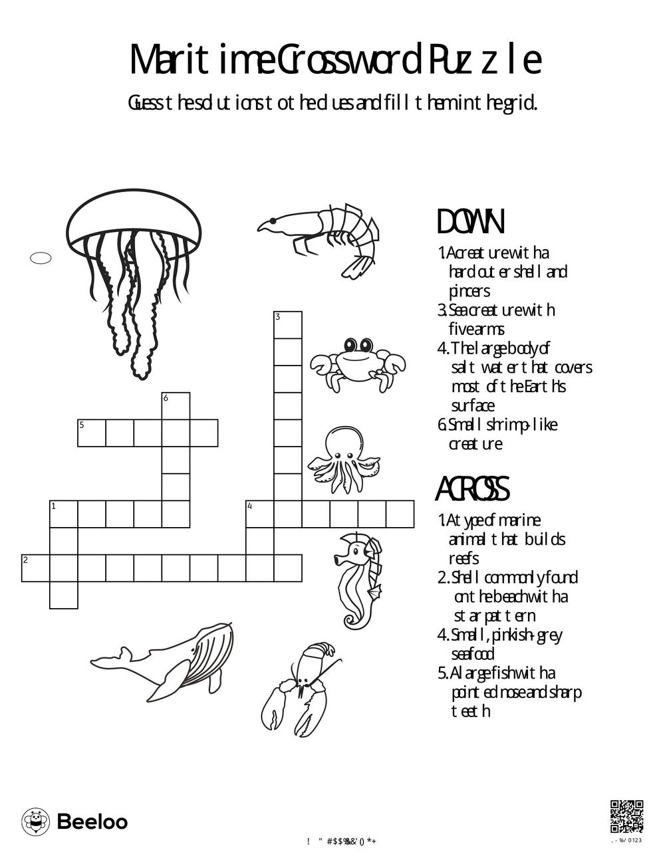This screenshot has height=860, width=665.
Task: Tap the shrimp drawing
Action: click(326, 236)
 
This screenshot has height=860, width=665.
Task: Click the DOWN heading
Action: click(470, 222)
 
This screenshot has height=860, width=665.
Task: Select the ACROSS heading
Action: click(472, 490)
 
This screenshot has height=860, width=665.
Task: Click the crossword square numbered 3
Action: click(288, 325)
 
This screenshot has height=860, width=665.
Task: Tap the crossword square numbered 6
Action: click(176, 405)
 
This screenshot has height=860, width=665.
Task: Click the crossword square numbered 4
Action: click(260, 514)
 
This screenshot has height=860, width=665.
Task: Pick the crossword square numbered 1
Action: click(64, 514)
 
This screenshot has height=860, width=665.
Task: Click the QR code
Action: click(626, 817)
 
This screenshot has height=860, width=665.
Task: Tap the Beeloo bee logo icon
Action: click(36, 822)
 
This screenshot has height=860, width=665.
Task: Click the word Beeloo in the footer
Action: click(92, 822)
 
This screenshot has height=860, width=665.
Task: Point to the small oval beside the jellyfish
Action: click(41, 259)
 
